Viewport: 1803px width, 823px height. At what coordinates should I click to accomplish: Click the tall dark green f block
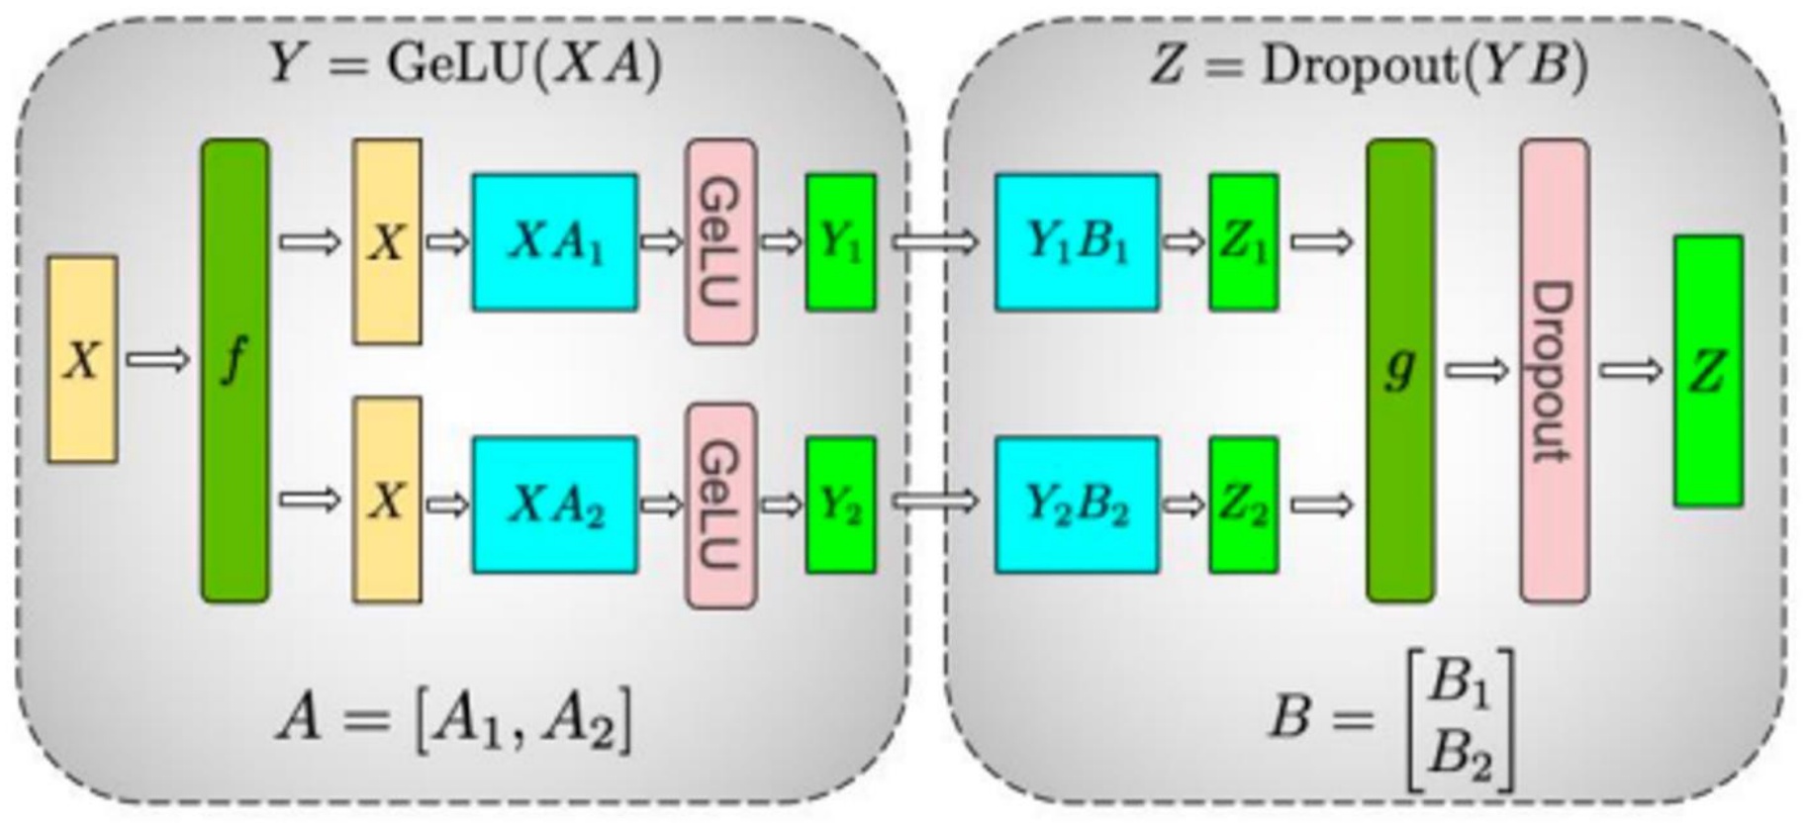[x=235, y=370]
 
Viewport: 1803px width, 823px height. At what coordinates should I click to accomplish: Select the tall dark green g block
[x=1399, y=370]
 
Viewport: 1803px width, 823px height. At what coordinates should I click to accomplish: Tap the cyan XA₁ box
[x=554, y=242]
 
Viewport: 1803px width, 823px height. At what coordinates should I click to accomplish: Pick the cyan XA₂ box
[x=554, y=504]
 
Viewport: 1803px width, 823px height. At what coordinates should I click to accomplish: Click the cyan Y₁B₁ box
[x=1077, y=242]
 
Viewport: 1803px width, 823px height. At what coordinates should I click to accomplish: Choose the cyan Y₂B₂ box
[x=1077, y=504]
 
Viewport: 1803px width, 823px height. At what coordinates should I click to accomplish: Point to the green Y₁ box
[x=840, y=242]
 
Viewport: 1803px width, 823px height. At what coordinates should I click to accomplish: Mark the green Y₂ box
[x=840, y=504]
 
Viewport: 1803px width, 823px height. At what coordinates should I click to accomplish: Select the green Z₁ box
[x=1243, y=242]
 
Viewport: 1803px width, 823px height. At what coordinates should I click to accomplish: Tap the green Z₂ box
[x=1243, y=504]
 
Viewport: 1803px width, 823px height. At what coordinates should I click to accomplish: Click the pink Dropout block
[x=1554, y=370]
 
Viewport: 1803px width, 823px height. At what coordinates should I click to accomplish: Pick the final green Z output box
[x=1708, y=371]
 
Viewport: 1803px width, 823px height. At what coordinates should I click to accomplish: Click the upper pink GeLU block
[x=720, y=242]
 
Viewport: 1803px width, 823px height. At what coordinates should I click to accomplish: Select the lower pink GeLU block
[x=720, y=504]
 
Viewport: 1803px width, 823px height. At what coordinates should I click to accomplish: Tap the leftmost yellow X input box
[x=82, y=359]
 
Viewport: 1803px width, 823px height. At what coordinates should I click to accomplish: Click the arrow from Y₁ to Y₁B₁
[x=933, y=241]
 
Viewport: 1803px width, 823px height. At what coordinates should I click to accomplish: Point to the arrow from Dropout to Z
[x=1630, y=371]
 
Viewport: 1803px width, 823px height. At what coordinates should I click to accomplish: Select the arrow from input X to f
[x=157, y=359]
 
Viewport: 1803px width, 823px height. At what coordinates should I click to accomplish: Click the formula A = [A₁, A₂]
[x=453, y=719]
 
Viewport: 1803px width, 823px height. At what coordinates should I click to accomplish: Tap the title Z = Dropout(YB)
[x=1369, y=66]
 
